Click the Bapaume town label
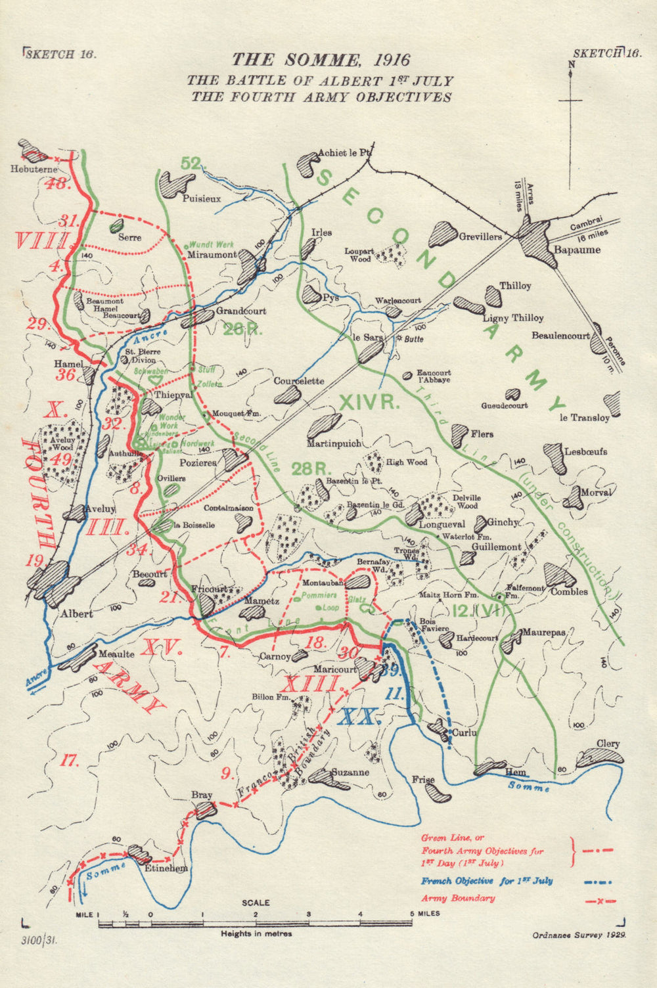(x=576, y=250)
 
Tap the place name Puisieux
(x=202, y=198)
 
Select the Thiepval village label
(x=173, y=395)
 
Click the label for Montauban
(x=322, y=583)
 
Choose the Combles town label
(x=569, y=591)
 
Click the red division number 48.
(x=57, y=183)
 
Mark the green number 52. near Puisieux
(x=191, y=164)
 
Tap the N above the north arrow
(x=571, y=64)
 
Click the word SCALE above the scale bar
(x=256, y=903)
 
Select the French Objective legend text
(x=487, y=881)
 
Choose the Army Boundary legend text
(x=457, y=898)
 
